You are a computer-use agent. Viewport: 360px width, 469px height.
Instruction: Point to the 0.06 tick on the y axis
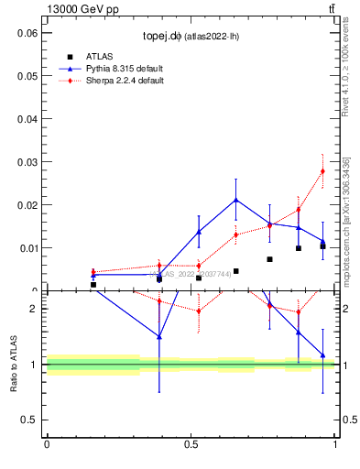point(27,33)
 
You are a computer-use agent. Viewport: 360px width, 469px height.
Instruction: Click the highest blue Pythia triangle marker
point(236,200)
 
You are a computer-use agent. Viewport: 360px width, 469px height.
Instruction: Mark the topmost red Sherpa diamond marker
point(322,171)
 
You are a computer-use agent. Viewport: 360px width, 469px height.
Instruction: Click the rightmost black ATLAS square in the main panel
point(322,246)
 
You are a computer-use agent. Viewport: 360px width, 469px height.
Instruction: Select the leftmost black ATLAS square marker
point(93,285)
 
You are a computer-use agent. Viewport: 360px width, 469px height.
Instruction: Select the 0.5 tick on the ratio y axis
point(31,420)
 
